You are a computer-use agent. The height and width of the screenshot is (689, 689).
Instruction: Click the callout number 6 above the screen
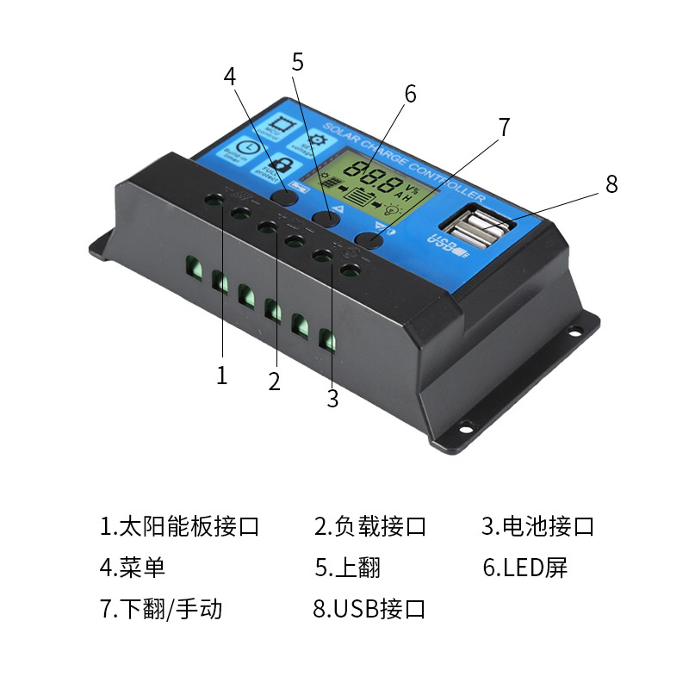click(410, 94)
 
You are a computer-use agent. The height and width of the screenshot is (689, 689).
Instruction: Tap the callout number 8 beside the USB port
click(611, 184)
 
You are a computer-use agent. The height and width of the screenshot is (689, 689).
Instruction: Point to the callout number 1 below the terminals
click(222, 376)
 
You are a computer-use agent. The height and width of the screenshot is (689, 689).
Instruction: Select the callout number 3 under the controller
click(333, 399)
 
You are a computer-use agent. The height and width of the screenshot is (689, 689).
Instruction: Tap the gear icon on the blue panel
click(308, 140)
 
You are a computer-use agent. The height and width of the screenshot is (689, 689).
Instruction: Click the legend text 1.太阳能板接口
click(180, 526)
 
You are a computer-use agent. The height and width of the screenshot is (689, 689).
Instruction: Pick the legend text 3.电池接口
click(537, 526)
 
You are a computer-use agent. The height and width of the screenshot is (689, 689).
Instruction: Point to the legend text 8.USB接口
click(369, 609)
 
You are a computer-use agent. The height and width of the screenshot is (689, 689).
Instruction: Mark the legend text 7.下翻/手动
click(161, 609)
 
